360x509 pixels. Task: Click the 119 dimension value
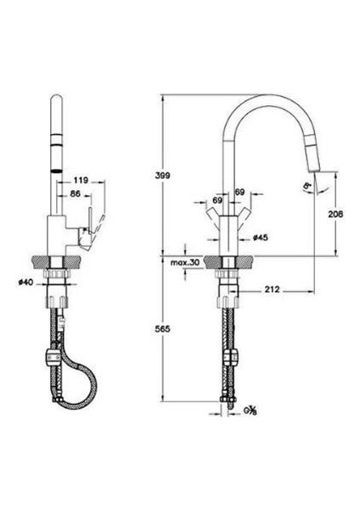coord(82,179)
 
